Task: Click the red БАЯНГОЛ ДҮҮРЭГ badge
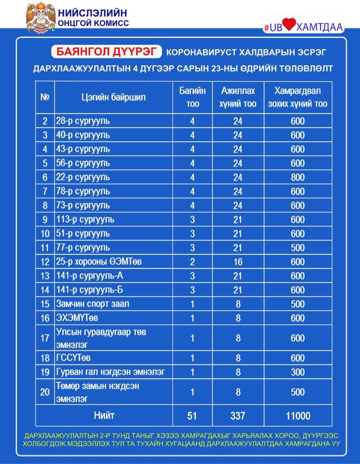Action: pos(106,52)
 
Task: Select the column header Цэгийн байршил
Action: pos(113,97)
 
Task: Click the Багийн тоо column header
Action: pos(192,97)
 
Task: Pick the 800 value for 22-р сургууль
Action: pos(298,177)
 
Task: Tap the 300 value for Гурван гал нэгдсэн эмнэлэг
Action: pos(298,372)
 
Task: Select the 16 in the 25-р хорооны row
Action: pos(238,262)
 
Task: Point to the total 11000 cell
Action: pos(298,415)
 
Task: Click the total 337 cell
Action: pos(238,415)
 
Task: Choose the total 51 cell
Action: pos(192,415)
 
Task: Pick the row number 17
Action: pos(45,338)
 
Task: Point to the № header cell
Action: pos(45,97)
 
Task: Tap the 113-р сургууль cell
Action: pos(85,220)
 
